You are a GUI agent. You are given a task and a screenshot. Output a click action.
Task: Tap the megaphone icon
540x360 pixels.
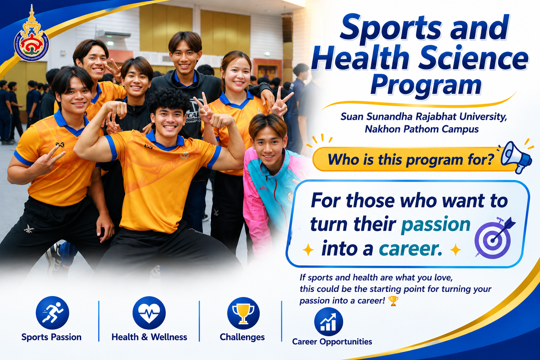tap(516, 157)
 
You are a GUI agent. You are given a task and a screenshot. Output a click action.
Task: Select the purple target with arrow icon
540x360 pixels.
tap(495, 238)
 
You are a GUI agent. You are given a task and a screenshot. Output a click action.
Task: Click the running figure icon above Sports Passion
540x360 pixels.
tap(52, 313)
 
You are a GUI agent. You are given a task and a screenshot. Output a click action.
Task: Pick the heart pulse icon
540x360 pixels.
tap(149, 313)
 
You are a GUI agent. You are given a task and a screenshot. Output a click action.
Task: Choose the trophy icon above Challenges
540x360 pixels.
tap(243, 313)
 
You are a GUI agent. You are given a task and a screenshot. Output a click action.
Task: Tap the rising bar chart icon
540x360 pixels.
tap(328, 322)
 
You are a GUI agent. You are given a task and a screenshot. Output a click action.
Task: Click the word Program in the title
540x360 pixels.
tap(426, 85)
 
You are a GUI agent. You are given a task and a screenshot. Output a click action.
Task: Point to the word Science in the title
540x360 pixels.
tap(473, 58)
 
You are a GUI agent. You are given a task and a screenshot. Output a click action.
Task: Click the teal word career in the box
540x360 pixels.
tap(410, 249)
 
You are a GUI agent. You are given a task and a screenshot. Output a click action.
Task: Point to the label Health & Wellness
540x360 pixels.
tap(149, 337)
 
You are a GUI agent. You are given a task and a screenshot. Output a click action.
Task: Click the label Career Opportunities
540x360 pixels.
tap(332, 342)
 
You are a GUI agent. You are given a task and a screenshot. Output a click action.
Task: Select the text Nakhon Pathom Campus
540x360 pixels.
tap(422, 129)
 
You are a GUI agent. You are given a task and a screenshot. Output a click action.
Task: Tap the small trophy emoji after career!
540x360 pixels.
tap(393, 301)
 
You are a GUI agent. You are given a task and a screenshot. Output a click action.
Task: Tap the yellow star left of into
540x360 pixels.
tap(308, 250)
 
